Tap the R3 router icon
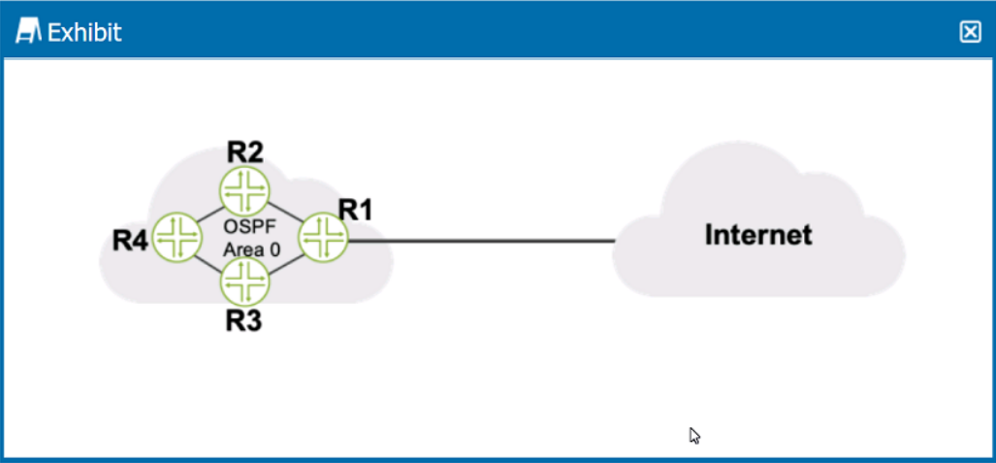coord(243,283)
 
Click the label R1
coord(355,210)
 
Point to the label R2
coord(245,152)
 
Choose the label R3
coord(244,320)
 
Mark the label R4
coord(131,240)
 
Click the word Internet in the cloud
coord(758,235)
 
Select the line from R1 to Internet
coord(480,241)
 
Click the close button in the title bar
coord(970,32)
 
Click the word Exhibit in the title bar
coord(84,33)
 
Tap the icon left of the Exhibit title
coord(30,32)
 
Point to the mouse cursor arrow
coord(694,435)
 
